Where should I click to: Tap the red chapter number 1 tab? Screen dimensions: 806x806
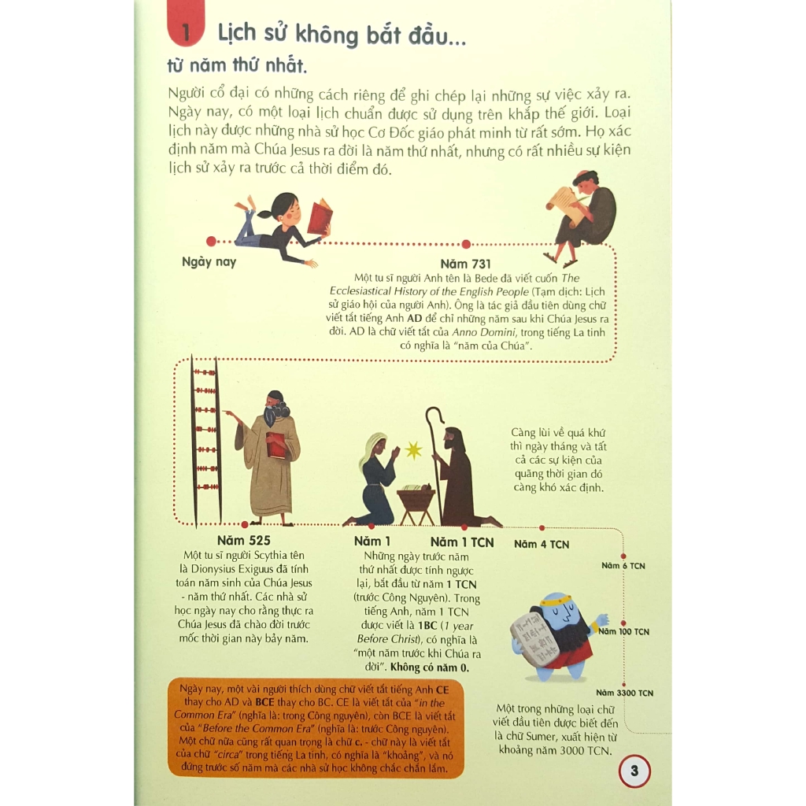click(186, 32)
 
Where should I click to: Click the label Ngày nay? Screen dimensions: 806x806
click(209, 262)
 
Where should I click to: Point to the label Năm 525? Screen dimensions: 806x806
click(243, 541)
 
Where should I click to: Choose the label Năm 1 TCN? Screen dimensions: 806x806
click(462, 542)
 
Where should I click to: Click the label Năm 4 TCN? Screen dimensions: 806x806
click(542, 544)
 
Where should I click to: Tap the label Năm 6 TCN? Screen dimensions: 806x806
click(623, 565)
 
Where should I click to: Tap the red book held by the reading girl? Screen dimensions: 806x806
click(319, 217)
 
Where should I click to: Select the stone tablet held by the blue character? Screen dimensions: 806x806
click(534, 641)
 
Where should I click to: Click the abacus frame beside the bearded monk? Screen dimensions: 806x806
click(206, 441)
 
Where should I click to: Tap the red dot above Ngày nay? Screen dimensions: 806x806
click(210, 242)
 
